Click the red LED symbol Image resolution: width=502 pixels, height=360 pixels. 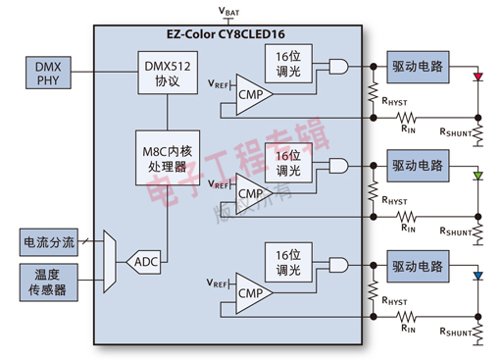477,75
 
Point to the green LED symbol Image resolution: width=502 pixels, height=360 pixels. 477,175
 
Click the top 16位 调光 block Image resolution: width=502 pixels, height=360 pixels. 288,65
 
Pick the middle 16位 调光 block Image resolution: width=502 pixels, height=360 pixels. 288,164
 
